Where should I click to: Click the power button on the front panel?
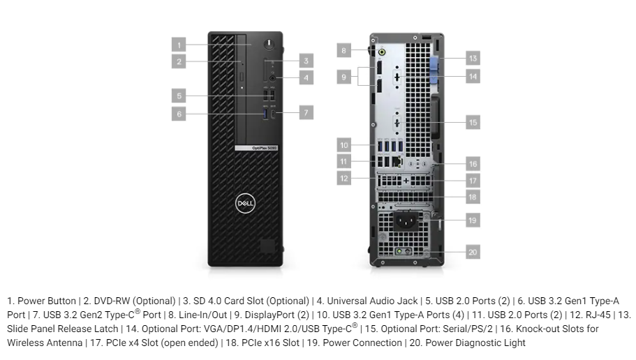(x=269, y=44)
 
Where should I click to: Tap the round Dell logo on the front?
(x=246, y=203)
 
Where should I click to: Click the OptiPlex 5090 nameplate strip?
(x=257, y=148)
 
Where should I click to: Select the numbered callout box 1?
(x=179, y=45)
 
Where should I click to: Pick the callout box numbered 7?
(x=306, y=112)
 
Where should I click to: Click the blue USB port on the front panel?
(x=266, y=114)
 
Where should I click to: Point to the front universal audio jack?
(x=272, y=78)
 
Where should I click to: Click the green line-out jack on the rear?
(x=382, y=52)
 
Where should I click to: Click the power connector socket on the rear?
(x=406, y=221)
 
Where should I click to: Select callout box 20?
(x=473, y=252)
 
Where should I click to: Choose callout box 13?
(x=473, y=58)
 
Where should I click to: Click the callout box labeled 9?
(x=344, y=77)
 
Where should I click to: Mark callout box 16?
(x=473, y=163)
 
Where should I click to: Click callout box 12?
(x=344, y=178)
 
